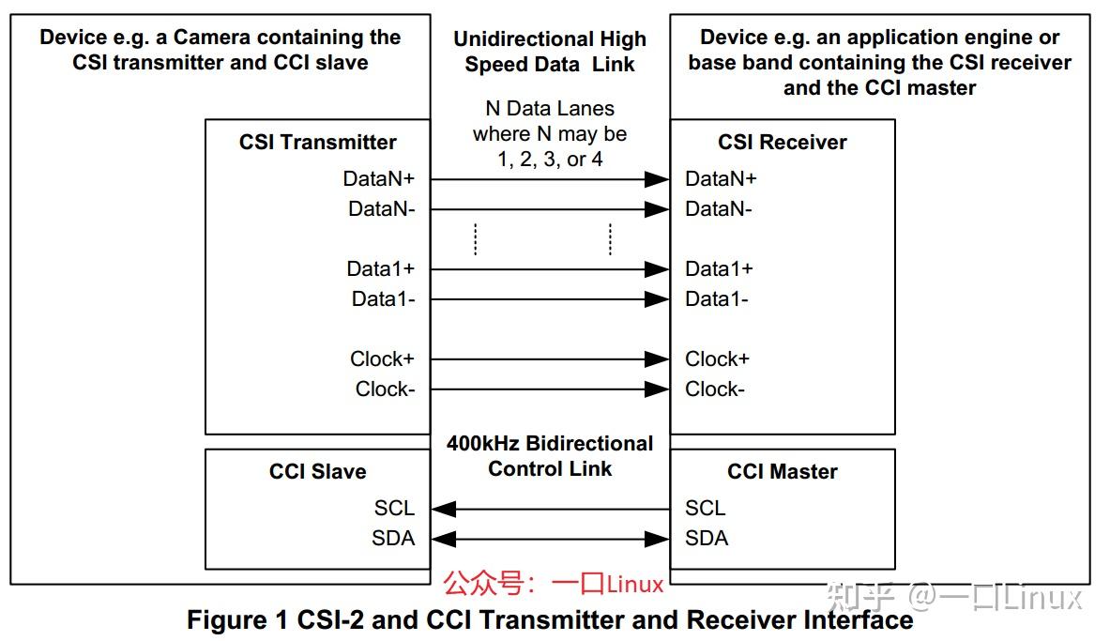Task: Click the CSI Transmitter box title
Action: click(317, 143)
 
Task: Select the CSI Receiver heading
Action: click(782, 143)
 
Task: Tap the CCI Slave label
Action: click(317, 471)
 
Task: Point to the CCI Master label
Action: click(782, 471)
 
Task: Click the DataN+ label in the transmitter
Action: click(378, 178)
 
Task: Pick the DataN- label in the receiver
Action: click(719, 209)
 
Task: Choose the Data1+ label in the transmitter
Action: click(380, 268)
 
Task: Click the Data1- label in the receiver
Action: click(717, 298)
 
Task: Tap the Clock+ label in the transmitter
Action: click(382, 359)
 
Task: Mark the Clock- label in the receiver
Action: click(715, 389)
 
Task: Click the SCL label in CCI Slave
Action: click(394, 508)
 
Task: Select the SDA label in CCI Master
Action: click(707, 538)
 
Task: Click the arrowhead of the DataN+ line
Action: click(658, 179)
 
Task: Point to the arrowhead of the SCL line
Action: click(444, 509)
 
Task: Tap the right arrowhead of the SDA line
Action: click(658, 539)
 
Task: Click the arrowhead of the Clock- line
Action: click(658, 389)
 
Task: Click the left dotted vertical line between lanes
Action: click(476, 239)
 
